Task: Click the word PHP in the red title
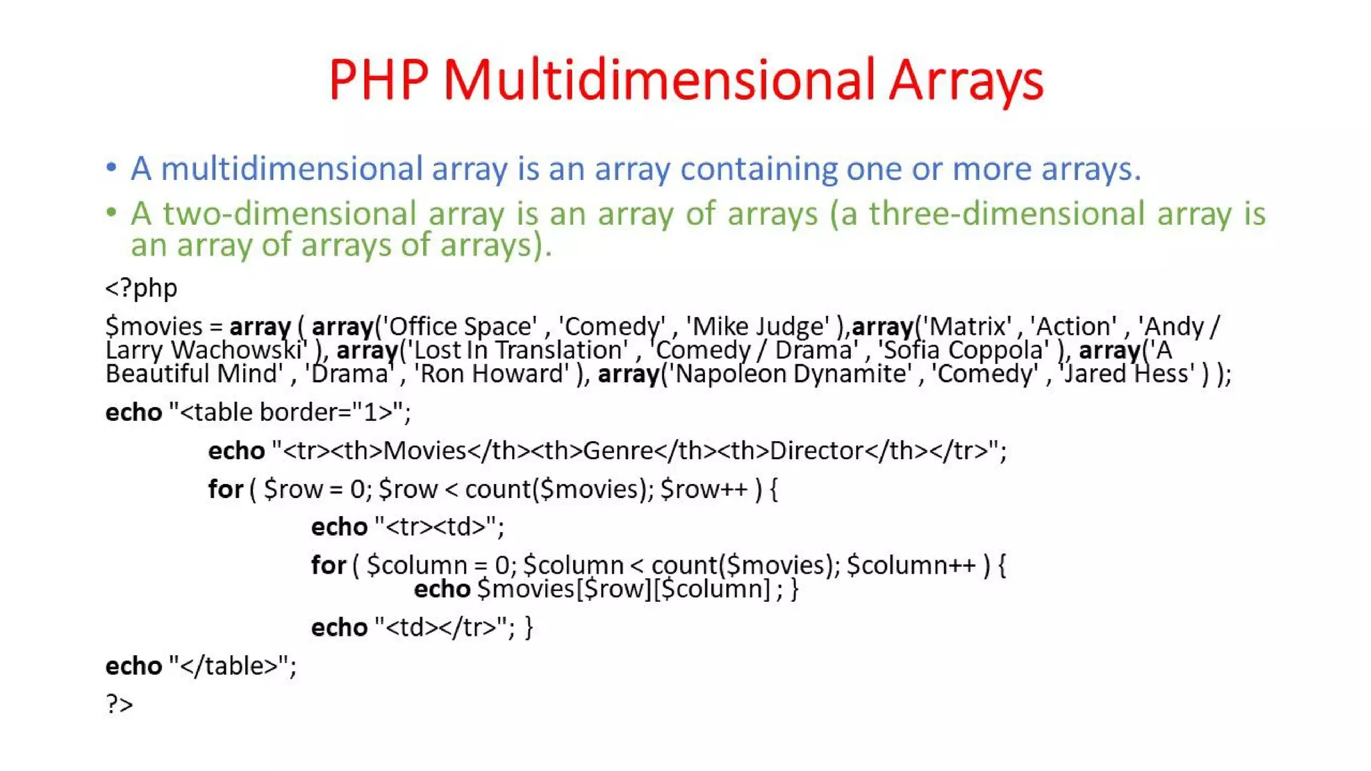(378, 80)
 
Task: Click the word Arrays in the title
(966, 80)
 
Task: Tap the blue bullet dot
(112, 167)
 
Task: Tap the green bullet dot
(112, 213)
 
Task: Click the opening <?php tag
(141, 288)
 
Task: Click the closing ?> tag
(119, 704)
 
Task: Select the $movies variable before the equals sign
(153, 327)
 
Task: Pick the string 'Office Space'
(462, 327)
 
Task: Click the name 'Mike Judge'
(758, 327)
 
